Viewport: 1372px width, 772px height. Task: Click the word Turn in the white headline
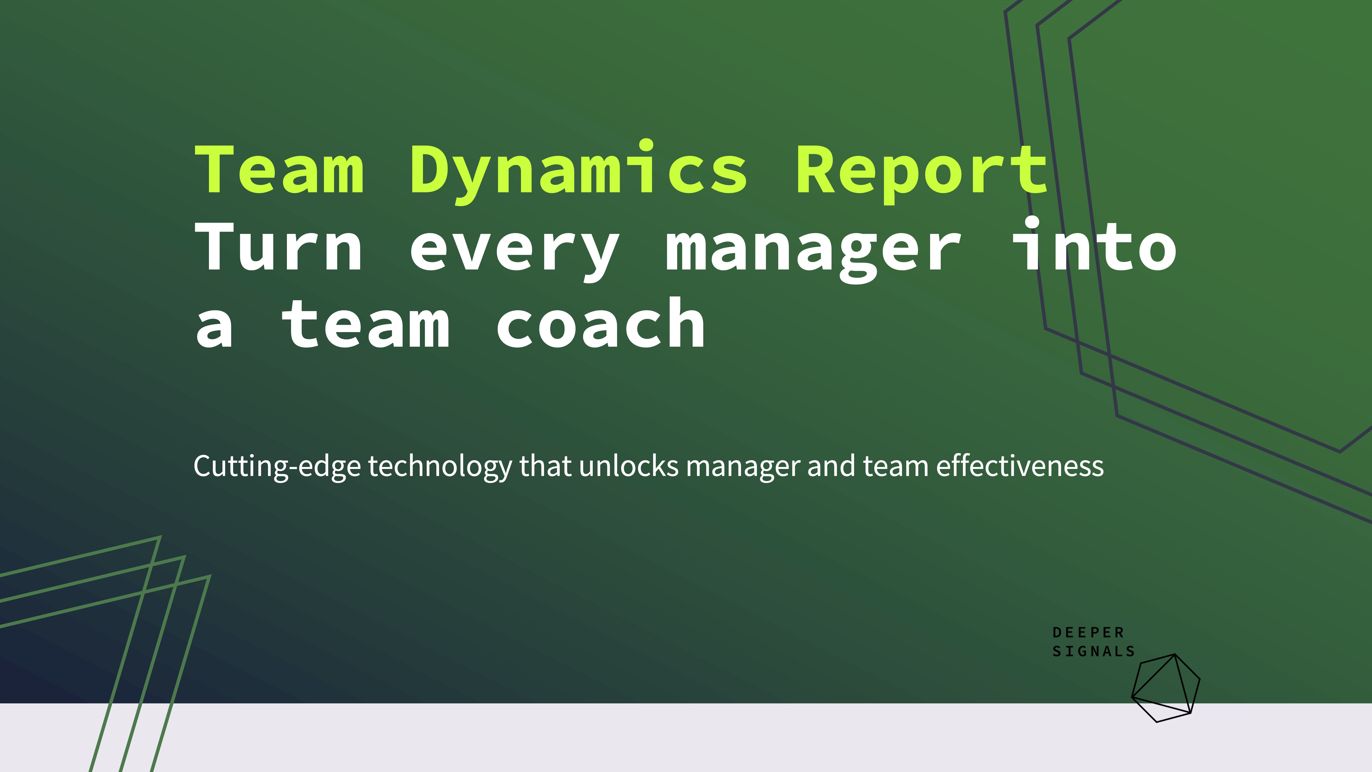[280, 248]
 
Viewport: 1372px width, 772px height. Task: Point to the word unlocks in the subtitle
[629, 466]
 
